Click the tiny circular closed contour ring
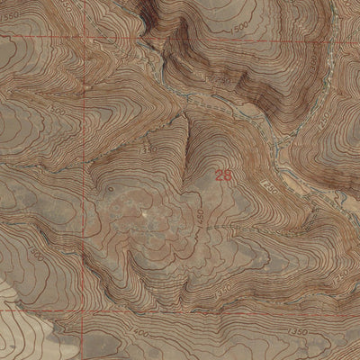tap(110, 191)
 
